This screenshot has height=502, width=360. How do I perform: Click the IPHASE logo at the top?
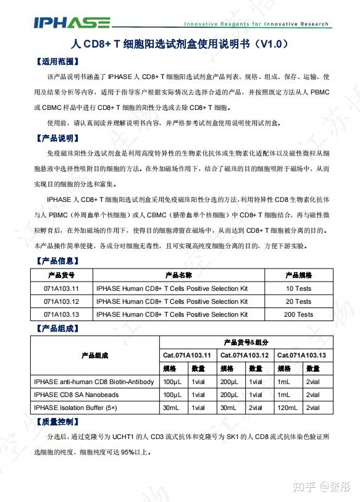click(x=73, y=23)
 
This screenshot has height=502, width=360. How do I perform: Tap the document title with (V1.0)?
click(x=179, y=45)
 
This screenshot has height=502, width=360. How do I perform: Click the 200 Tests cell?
click(x=298, y=314)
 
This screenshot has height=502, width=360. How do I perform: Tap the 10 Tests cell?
click(x=298, y=288)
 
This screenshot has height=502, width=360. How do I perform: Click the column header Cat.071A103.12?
click(x=245, y=356)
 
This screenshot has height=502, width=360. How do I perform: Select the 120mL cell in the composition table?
click(x=287, y=408)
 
